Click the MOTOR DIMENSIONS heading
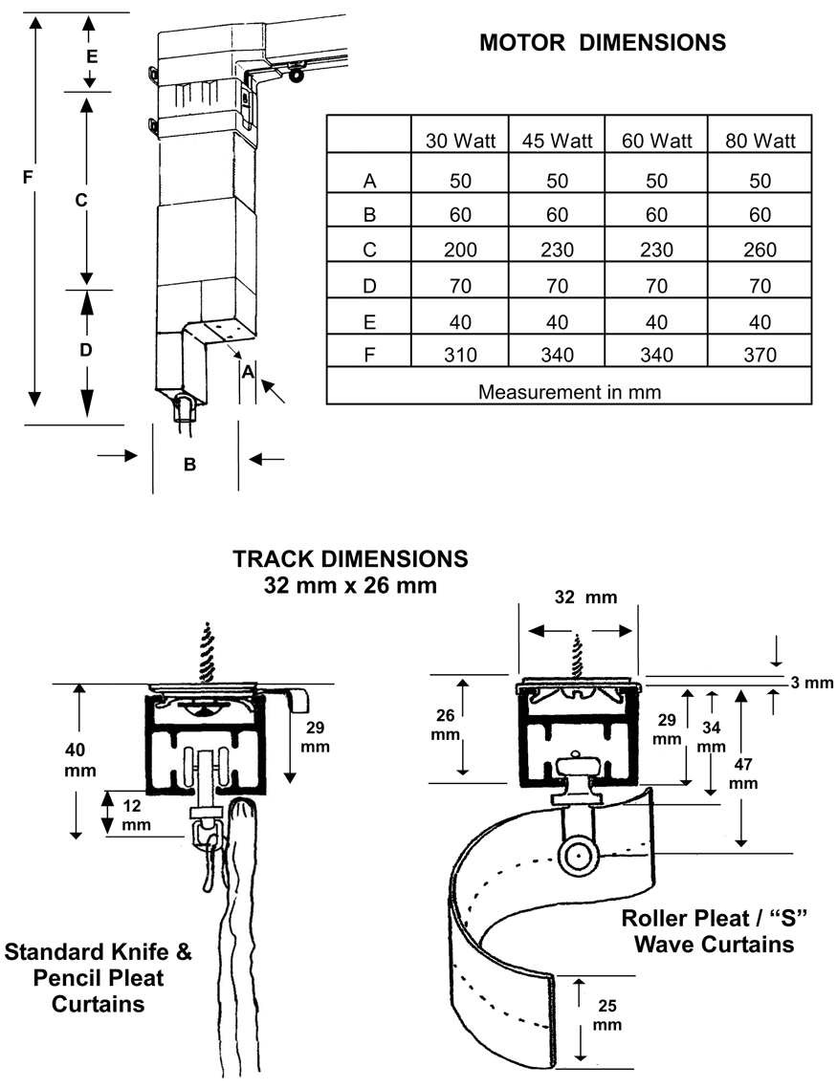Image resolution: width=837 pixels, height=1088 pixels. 602,42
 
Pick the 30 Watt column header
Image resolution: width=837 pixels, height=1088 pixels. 460,141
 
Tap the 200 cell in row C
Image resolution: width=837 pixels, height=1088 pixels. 460,250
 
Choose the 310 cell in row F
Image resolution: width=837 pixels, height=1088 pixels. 460,356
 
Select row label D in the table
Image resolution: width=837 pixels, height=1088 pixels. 369,286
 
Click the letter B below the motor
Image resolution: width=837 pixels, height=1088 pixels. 189,465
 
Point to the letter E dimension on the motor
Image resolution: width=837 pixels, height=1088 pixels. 91,56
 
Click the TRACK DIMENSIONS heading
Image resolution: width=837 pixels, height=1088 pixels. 350,557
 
